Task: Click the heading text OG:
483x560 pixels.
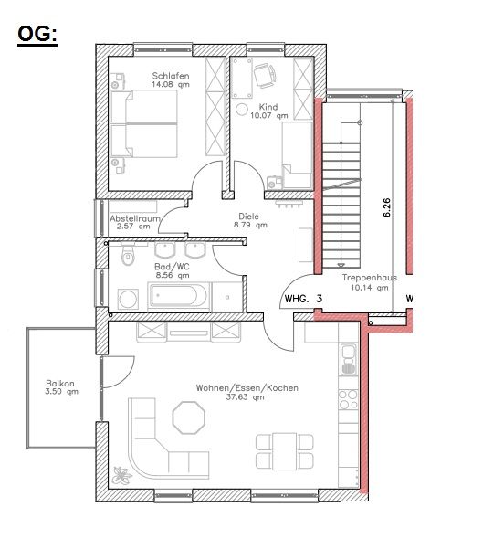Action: click(x=37, y=35)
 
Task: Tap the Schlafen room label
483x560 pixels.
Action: click(x=171, y=76)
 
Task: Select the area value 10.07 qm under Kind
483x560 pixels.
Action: click(x=268, y=117)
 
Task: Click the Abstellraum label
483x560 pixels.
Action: click(x=135, y=220)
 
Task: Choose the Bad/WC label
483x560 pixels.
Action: click(x=171, y=267)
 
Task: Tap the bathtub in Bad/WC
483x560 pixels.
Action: click(x=178, y=297)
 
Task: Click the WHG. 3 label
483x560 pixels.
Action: click(x=304, y=299)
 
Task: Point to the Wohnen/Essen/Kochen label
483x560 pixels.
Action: click(x=247, y=387)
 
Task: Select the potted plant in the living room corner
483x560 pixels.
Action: click(x=121, y=474)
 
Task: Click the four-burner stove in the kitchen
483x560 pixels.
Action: click(x=348, y=399)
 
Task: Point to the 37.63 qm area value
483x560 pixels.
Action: click(x=247, y=398)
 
